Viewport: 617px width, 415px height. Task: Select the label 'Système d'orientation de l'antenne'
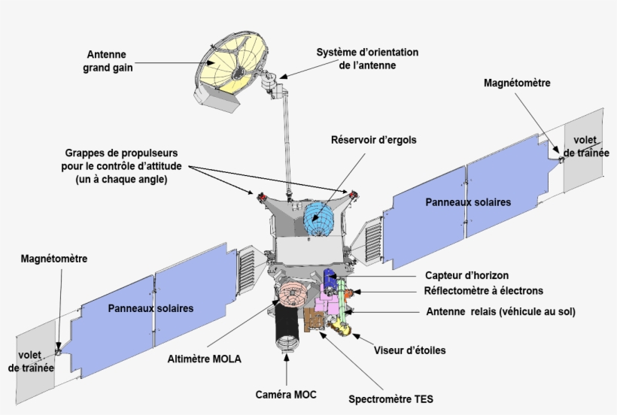tap(366, 59)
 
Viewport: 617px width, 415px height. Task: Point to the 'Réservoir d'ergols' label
tap(373, 140)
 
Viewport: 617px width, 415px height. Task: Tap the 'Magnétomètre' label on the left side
tap(53, 259)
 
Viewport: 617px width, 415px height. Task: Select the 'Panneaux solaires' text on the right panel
tap(468, 202)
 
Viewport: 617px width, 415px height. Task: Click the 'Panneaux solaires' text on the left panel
tap(150, 308)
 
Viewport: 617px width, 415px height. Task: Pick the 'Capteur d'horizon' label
tap(467, 275)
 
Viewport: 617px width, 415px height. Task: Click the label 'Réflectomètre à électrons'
tap(484, 291)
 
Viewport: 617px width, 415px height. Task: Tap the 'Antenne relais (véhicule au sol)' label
tap(495, 312)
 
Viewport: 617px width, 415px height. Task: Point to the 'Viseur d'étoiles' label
tap(410, 350)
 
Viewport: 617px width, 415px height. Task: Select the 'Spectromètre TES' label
tap(391, 398)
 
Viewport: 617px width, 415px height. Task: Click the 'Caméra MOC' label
tap(286, 394)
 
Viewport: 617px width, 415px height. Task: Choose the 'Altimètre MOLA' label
tap(204, 359)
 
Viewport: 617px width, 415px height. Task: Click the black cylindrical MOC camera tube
tap(286, 326)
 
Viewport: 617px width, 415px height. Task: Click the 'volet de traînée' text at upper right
tap(585, 146)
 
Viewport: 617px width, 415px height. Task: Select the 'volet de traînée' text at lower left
tap(31, 361)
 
